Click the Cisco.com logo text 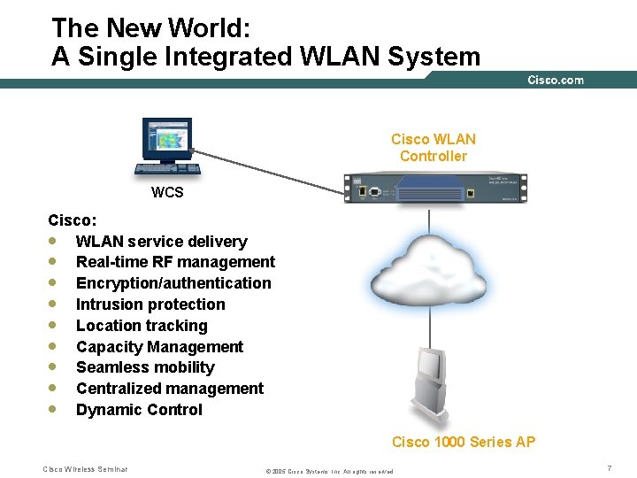(556, 80)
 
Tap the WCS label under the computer (167, 192)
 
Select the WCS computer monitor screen (166, 138)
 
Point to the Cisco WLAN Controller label (434, 148)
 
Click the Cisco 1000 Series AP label (464, 442)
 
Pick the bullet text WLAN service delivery (161, 241)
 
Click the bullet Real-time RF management (175, 262)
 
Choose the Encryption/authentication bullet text (173, 283)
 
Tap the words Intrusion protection (150, 305)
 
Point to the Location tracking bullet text (142, 326)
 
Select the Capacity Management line (159, 347)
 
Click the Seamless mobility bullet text (145, 367)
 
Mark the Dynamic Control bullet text (139, 410)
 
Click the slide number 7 (610, 466)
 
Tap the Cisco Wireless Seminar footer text (85, 468)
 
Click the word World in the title (196, 28)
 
